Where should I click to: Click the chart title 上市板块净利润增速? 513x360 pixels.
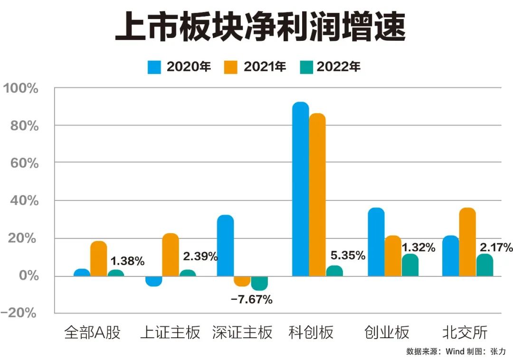click(260, 28)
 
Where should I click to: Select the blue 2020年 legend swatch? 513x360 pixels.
click(155, 67)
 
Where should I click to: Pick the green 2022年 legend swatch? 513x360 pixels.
click(306, 67)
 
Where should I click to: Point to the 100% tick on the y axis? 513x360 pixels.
click(22, 88)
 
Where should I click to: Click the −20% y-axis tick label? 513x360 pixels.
click(19, 313)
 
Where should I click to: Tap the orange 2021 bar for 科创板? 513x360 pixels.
click(317, 195)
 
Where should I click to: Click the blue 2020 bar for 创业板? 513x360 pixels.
click(376, 242)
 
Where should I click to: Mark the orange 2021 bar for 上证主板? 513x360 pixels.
click(171, 255)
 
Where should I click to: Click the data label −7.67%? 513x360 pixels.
click(252, 300)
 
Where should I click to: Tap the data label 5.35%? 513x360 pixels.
click(347, 256)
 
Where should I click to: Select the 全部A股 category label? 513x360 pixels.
click(93, 332)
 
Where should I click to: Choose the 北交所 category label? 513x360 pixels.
click(465, 332)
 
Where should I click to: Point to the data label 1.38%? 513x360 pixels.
click(127, 261)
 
